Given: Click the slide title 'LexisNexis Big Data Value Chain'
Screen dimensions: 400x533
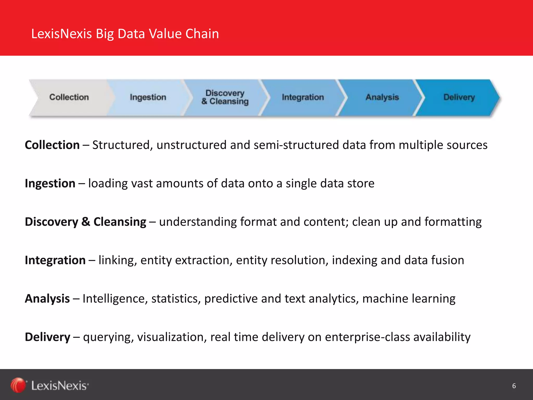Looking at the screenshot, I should pyautogui.click(x=125, y=34).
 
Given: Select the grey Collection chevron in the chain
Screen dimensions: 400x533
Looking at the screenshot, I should pyautogui.click(x=69, y=97).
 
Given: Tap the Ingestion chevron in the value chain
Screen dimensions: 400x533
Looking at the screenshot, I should pyautogui.click(x=148, y=97).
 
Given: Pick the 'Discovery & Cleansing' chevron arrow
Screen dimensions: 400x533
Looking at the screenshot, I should pyautogui.click(x=225, y=97).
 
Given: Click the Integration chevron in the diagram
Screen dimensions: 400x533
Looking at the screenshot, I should pyautogui.click(x=303, y=97).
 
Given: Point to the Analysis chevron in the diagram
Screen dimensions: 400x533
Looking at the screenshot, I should pyautogui.click(x=382, y=97).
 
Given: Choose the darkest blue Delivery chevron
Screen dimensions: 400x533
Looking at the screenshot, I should pyautogui.click(x=459, y=97).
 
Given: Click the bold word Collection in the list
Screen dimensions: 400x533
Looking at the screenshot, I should pyautogui.click(x=52, y=145).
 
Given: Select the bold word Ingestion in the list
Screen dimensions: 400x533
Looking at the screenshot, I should pyautogui.click(x=50, y=183).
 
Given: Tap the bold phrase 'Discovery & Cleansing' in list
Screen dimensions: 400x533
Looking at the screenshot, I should pyautogui.click(x=85, y=222).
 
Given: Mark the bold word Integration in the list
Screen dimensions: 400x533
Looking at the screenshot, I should pyautogui.click(x=55, y=260).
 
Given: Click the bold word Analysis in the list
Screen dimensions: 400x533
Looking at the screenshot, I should pyautogui.click(x=47, y=299).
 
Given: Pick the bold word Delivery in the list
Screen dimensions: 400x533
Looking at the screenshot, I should pyautogui.click(x=47, y=337).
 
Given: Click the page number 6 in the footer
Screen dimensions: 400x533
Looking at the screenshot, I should pyautogui.click(x=514, y=386).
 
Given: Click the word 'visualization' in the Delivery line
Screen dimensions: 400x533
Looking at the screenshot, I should pyautogui.click(x=172, y=337).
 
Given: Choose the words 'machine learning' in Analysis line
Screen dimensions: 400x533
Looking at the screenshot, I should pyautogui.click(x=409, y=299).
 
